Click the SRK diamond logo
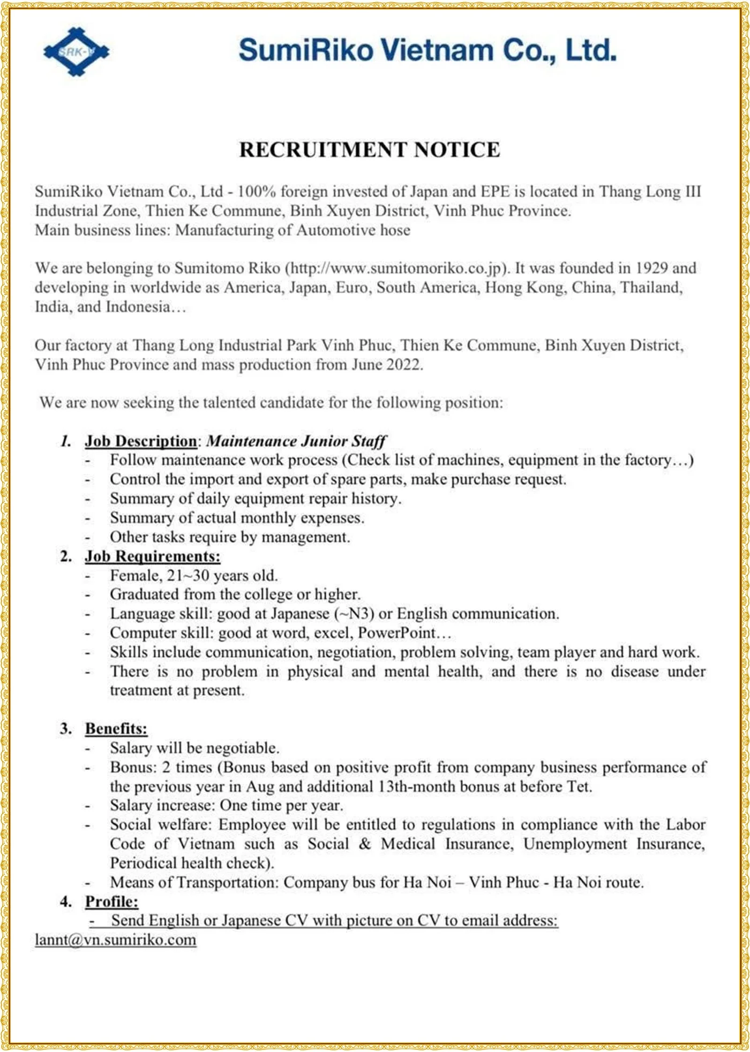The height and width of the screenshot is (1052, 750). pos(76,51)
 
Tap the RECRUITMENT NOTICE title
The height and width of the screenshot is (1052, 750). pos(369,149)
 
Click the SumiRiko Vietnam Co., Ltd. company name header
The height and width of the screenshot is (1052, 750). pos(427,50)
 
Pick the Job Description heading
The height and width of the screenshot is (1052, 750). pos(141,441)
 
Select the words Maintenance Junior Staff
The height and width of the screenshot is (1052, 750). pos(296,441)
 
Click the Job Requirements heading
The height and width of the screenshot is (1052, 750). pos(152,556)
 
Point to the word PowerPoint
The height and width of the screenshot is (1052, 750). pos(397,633)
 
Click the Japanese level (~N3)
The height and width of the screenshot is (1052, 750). pos(354,613)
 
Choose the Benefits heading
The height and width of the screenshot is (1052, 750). pos(116,728)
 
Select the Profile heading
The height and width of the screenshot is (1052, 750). pos(111,901)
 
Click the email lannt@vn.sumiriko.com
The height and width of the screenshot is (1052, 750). pos(116,940)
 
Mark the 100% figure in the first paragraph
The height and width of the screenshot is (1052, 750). pos(257,192)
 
